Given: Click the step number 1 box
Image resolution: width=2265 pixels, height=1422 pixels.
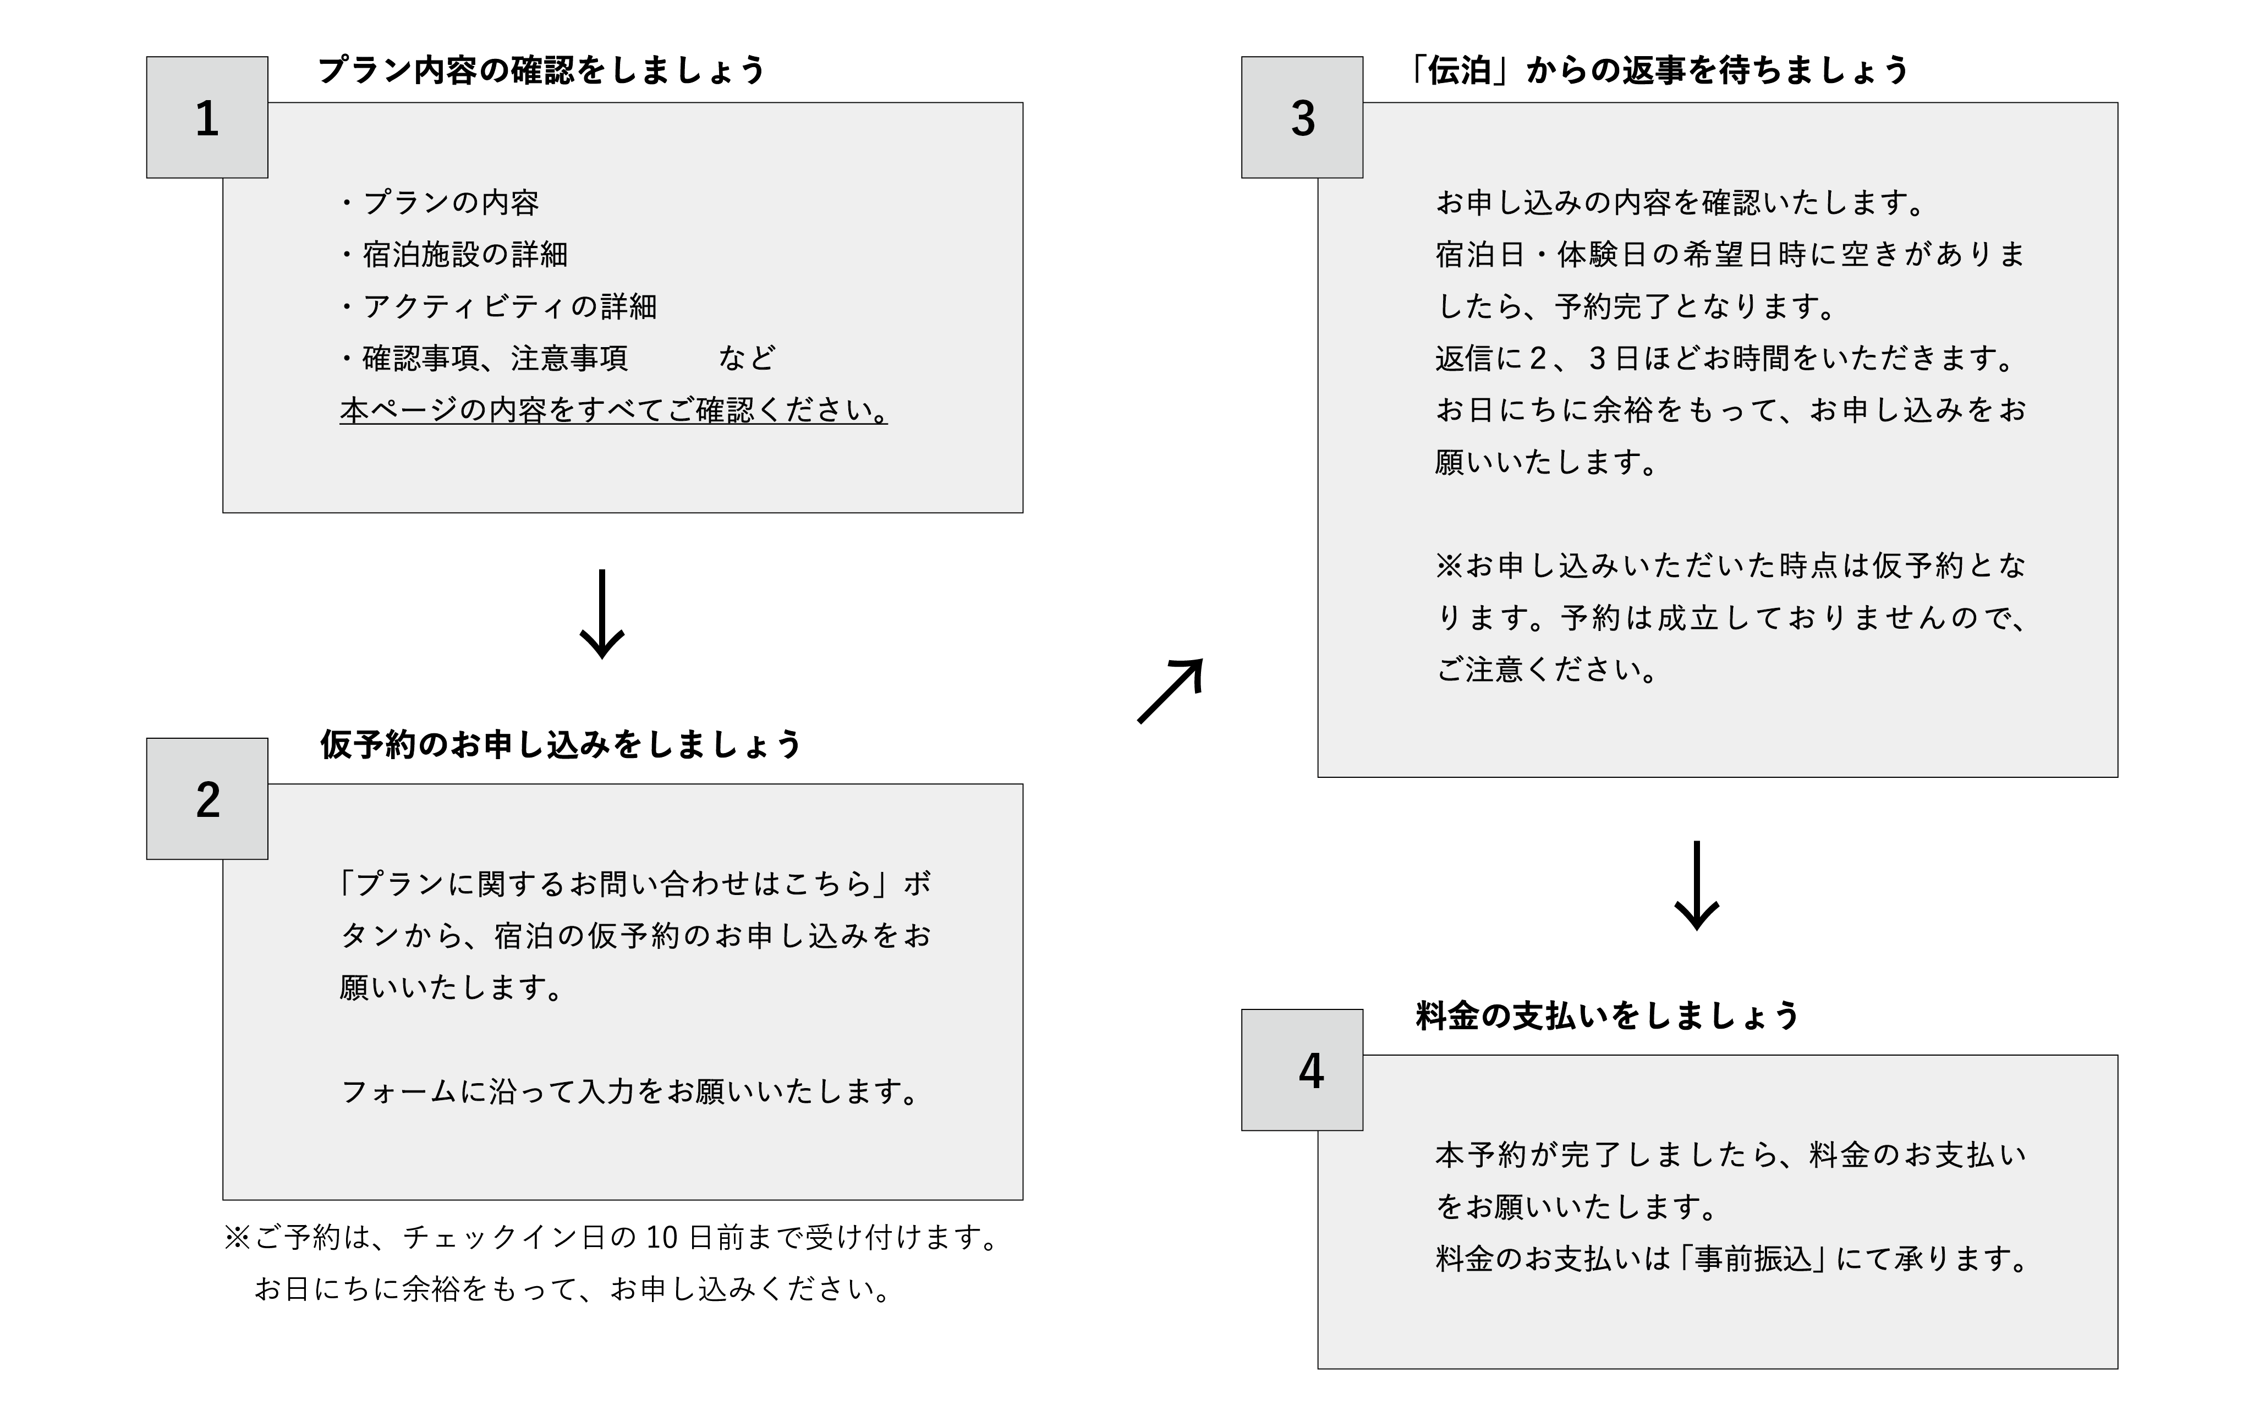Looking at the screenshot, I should [207, 118].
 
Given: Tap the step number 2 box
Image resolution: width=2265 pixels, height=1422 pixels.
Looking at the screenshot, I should [207, 798].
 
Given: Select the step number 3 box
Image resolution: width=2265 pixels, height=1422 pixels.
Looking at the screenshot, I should [1302, 118].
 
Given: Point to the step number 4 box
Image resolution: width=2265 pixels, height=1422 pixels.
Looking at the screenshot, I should [1302, 1069].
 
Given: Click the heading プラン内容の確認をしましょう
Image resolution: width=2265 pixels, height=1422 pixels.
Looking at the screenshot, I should [542, 70].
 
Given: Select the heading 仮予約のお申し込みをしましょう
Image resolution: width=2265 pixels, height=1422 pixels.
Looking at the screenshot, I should [561, 744].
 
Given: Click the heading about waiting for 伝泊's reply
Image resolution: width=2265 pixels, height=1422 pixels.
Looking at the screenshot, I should [1655, 70].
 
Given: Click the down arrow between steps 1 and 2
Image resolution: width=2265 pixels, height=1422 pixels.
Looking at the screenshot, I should [602, 613].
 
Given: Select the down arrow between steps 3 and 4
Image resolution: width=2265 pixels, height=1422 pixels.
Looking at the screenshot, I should [1697, 885].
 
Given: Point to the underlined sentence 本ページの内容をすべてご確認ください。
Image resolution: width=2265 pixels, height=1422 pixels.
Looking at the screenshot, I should [613, 411].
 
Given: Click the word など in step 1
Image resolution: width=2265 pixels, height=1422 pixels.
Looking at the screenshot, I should [747, 358].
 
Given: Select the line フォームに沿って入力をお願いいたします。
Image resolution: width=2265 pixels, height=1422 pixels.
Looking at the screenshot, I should [630, 1092].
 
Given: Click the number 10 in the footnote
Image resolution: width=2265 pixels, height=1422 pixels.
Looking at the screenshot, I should [661, 1238].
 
